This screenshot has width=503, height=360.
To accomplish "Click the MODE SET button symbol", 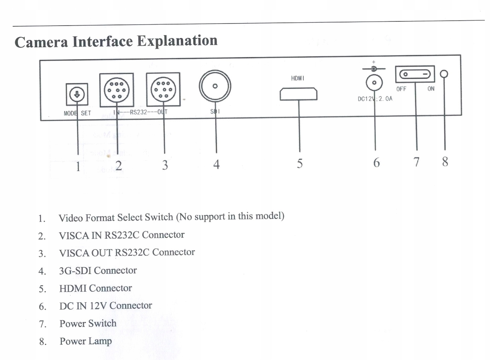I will [77, 94].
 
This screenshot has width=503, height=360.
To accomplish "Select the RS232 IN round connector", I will [117, 90].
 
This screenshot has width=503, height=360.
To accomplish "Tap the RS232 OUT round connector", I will [163, 90].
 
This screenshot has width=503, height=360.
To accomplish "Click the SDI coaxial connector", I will [215, 86].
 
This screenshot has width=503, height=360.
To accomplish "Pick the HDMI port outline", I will [299, 94].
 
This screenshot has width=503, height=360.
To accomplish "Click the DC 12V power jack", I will [374, 83].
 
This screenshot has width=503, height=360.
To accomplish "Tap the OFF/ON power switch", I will [415, 74].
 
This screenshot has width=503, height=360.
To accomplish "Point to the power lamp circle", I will [444, 74].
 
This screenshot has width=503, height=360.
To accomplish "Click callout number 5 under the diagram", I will [300, 164].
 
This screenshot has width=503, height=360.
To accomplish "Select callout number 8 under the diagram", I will [445, 162].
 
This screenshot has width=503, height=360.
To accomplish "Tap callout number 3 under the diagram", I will [165, 165].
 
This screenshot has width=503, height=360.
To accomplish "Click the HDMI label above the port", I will [298, 78].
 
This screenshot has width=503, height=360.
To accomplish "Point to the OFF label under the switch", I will [401, 89].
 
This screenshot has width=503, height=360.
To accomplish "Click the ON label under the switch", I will [431, 89].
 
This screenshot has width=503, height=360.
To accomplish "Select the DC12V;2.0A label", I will [375, 99].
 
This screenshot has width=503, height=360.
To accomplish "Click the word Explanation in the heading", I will [177, 41].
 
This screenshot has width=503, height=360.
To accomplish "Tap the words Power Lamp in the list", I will [86, 341].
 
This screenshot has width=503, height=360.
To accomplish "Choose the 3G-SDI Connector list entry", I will [98, 271].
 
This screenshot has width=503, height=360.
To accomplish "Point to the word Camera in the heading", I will [41, 42].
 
